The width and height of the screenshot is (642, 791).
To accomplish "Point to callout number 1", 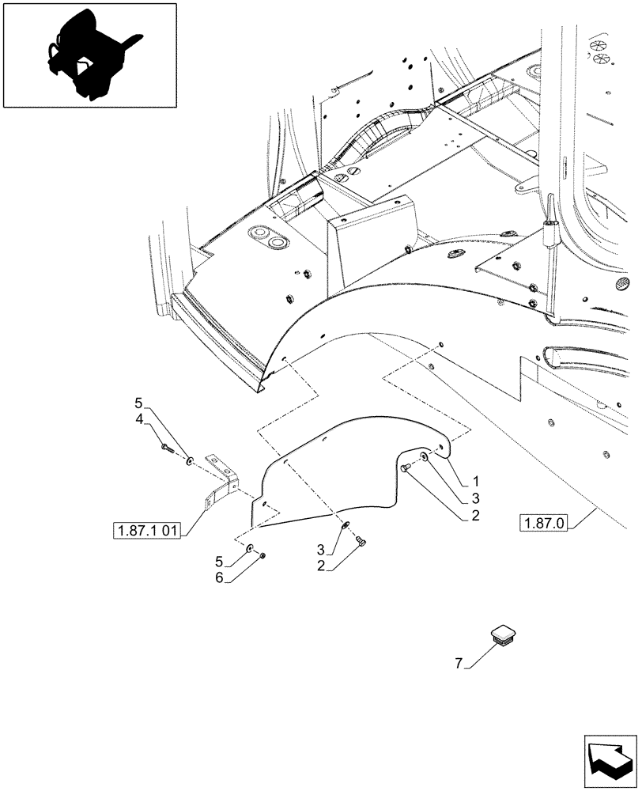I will (477, 481).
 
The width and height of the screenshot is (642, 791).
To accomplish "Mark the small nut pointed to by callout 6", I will (262, 555).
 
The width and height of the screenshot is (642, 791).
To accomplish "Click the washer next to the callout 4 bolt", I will (190, 460).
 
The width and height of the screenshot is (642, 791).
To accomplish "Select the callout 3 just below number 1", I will (477, 498).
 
